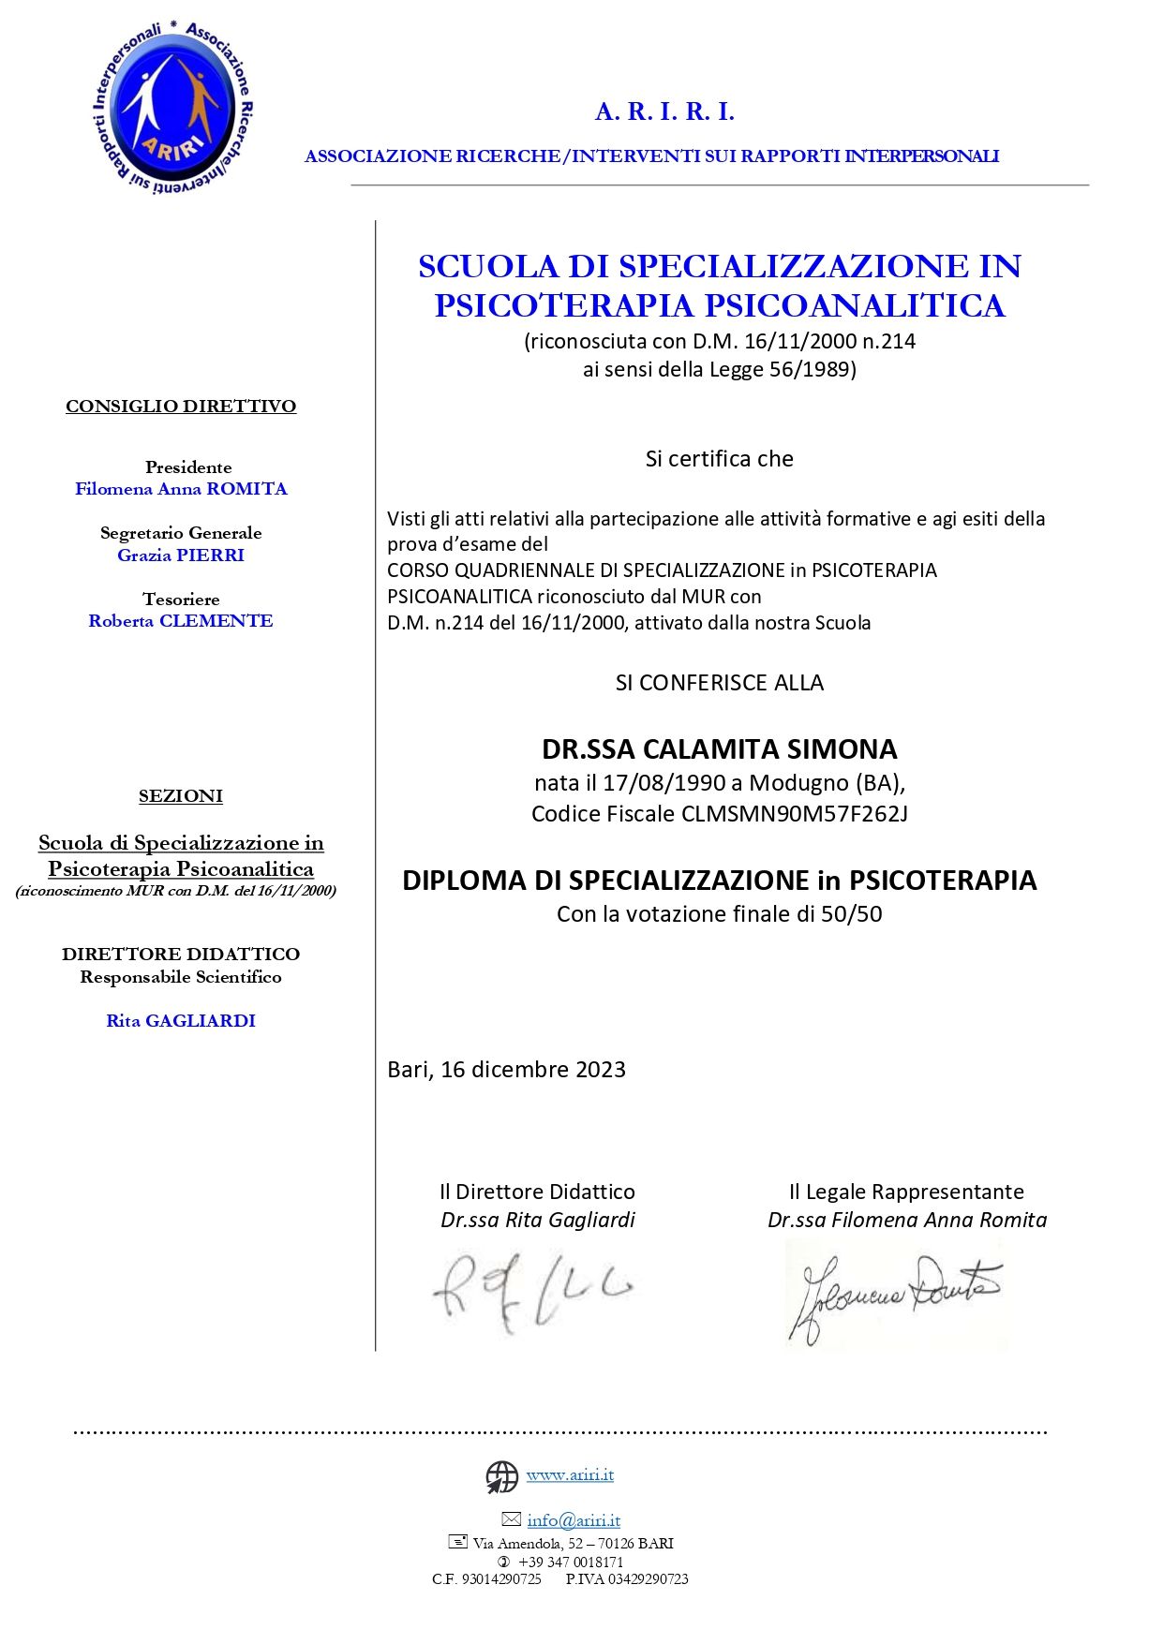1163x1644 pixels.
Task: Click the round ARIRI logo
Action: coord(173,109)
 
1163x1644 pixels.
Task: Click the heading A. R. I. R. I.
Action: coord(664,112)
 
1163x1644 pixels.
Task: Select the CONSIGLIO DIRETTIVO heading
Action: coord(181,407)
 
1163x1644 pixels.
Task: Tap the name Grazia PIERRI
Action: coord(181,555)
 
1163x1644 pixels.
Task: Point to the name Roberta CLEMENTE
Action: coord(181,621)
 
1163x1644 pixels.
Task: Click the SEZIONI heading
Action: coord(181,796)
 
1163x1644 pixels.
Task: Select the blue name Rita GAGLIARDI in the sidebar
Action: coord(181,1021)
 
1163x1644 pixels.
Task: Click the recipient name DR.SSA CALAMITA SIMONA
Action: coord(719,749)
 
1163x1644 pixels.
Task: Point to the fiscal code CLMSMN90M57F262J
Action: coord(795,814)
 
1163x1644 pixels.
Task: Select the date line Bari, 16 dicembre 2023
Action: coord(506,1070)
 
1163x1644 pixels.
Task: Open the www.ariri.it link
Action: coord(570,1475)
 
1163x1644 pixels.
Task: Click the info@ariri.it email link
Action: coord(574,1520)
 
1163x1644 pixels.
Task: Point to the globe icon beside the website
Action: coord(502,1477)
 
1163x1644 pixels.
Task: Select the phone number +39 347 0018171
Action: coord(571,1562)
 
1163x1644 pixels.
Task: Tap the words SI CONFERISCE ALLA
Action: coord(719,683)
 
